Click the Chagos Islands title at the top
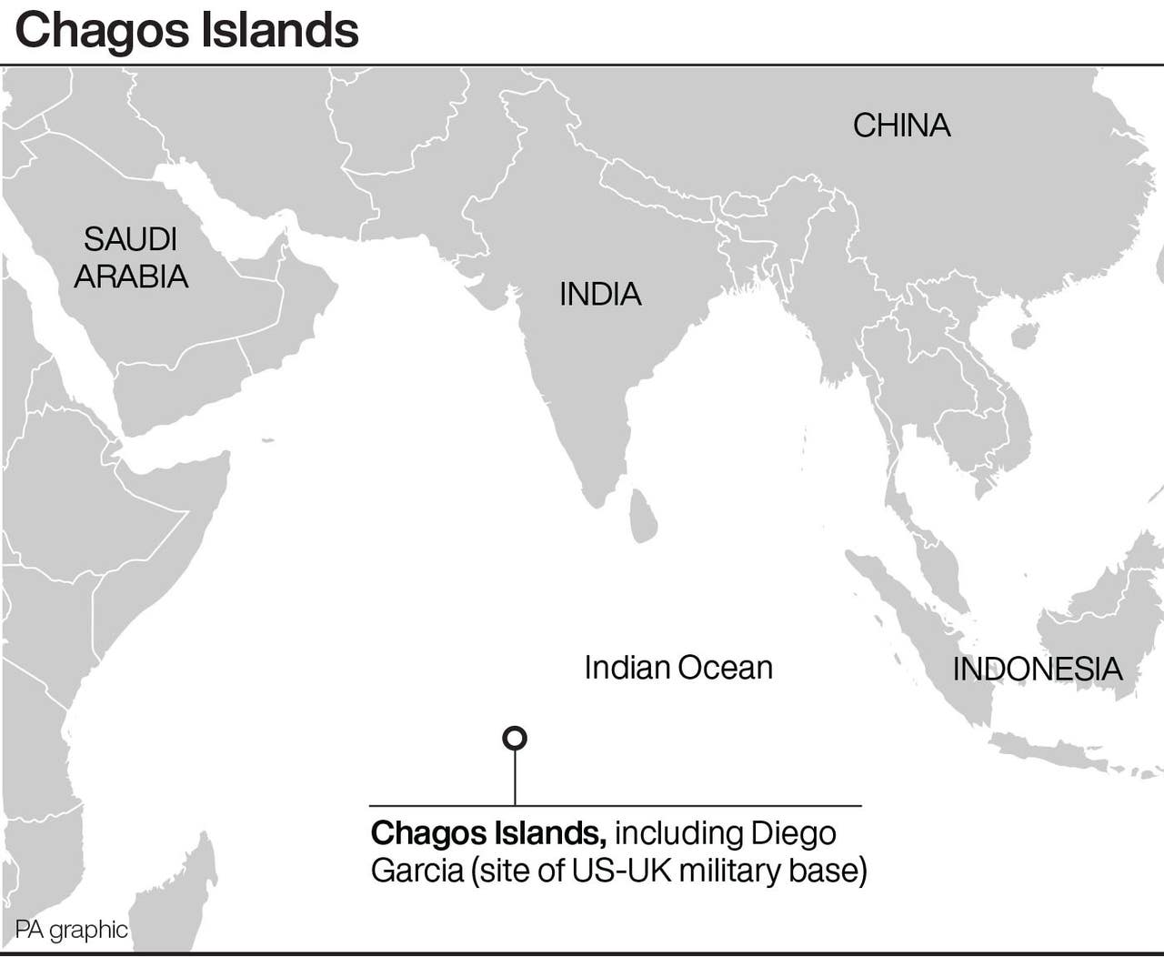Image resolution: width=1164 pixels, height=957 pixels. pyautogui.click(x=187, y=30)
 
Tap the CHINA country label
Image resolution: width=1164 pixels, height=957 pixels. pyautogui.click(x=901, y=126)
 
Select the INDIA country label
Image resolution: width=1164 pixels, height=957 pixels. pyautogui.click(x=600, y=294)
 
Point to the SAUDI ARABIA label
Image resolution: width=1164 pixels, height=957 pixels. pyautogui.click(x=131, y=257)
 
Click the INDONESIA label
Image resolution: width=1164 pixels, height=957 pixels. pyautogui.click(x=1037, y=670)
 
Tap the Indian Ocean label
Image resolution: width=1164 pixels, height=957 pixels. pyautogui.click(x=678, y=668)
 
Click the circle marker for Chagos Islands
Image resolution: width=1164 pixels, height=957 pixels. pyautogui.click(x=515, y=738)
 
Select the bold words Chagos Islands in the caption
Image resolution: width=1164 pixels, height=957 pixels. pyautogui.click(x=488, y=833)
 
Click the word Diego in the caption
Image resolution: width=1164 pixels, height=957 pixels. pyautogui.click(x=794, y=833)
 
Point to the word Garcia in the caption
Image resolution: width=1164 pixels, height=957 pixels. pyautogui.click(x=416, y=871)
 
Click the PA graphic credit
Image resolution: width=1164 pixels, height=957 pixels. pyautogui.click(x=71, y=930)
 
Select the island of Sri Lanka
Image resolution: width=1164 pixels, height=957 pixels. pyautogui.click(x=643, y=516)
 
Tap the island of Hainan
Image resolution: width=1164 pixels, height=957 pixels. pyautogui.click(x=1024, y=337)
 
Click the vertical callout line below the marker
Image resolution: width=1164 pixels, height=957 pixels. pyautogui.click(x=515, y=778)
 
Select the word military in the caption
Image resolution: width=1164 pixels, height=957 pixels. pyautogui.click(x=729, y=871)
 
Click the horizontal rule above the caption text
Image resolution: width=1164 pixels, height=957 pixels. pyautogui.click(x=615, y=806)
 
